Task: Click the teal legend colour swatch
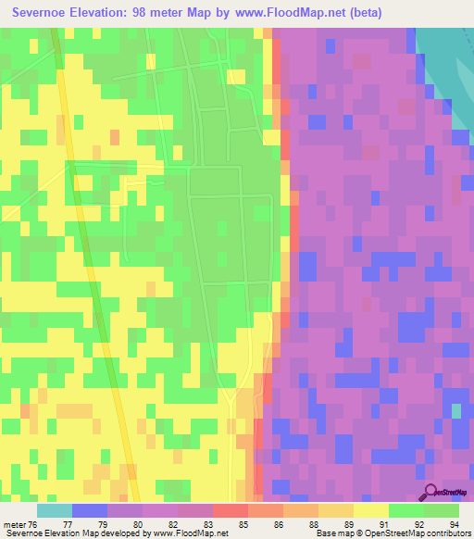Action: (x=55, y=510)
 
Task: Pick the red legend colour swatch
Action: (x=231, y=510)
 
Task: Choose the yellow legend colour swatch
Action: (x=370, y=510)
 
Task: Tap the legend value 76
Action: (x=33, y=523)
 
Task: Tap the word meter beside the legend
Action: (x=13, y=523)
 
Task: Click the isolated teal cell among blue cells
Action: (x=455, y=409)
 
